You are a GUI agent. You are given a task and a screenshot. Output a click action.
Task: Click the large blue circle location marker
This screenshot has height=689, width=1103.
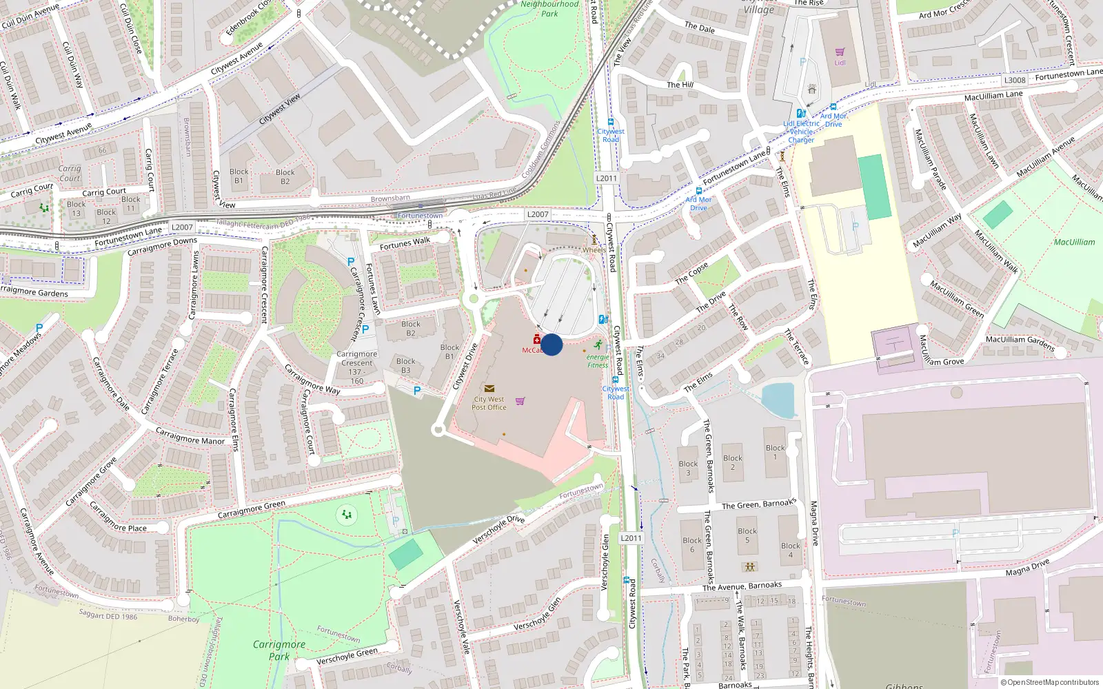tap(551, 344)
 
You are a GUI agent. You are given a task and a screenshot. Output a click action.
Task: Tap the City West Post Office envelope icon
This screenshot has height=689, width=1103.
tap(489, 389)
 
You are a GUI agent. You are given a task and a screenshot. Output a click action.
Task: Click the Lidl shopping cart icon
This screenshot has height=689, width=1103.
tap(840, 52)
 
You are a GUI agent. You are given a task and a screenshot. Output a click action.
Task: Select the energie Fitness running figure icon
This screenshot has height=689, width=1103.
tap(597, 344)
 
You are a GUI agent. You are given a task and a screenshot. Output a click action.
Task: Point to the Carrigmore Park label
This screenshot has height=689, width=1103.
tap(279, 650)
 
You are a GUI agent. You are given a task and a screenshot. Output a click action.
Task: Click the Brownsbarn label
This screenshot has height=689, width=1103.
tap(390, 199)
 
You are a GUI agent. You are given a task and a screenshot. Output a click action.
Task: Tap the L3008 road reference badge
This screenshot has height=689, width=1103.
tap(1015, 80)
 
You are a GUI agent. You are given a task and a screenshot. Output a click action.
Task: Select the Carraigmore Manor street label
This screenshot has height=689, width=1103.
tap(190, 436)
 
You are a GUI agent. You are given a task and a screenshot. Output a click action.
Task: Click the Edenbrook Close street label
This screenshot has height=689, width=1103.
tap(249, 18)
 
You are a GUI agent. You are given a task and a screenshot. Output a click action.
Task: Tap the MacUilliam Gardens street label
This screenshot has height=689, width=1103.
tap(1020, 342)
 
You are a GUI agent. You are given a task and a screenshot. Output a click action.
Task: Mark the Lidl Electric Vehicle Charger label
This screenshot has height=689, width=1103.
tap(801, 132)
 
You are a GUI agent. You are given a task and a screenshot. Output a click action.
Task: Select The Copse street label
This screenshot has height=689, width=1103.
tap(691, 274)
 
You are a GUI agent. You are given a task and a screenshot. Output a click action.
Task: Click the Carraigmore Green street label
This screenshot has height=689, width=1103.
tap(251, 510)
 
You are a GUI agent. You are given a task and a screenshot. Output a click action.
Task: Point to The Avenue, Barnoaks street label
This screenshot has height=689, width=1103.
tap(742, 586)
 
